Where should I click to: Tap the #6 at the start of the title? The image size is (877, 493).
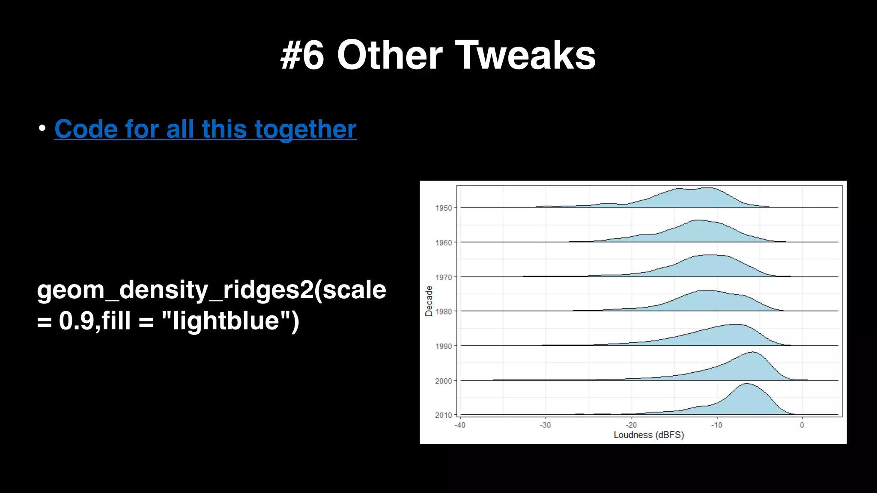(302, 56)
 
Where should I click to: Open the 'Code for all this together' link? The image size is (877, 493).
(205, 129)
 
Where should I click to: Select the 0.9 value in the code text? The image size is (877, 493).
(76, 321)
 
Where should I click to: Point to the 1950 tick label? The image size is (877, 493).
(443, 208)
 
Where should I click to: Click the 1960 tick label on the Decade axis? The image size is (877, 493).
(443, 243)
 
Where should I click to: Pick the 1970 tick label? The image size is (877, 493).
(443, 277)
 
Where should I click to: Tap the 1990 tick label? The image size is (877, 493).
(443, 346)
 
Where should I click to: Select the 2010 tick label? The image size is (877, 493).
(443, 415)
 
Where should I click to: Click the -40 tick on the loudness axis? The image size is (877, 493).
(459, 425)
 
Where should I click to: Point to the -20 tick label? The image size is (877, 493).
(631, 425)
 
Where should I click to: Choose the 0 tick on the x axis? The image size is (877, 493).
(802, 425)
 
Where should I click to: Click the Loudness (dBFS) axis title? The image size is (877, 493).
(649, 435)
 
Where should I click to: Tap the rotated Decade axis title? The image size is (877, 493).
(429, 301)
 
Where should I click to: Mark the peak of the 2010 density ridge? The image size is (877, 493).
(746, 383)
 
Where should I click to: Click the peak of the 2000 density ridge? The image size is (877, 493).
(752, 352)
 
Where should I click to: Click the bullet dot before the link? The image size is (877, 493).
(42, 128)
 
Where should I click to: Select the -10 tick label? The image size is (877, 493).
(716, 425)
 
